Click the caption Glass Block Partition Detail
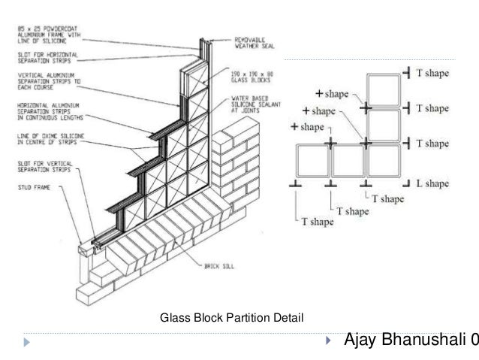(232, 319)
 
